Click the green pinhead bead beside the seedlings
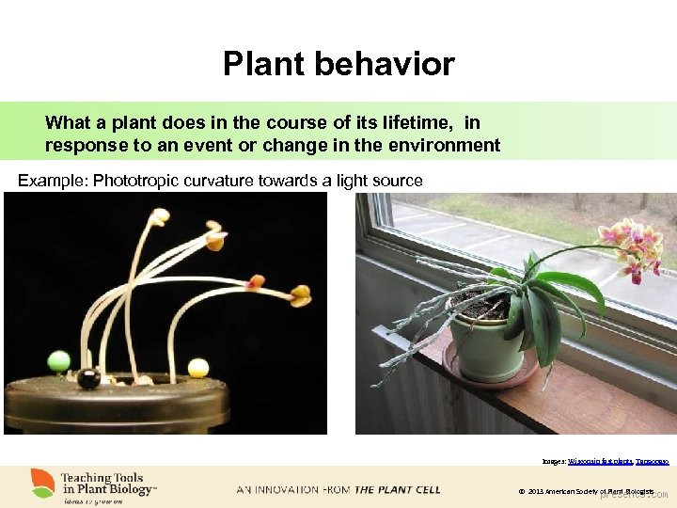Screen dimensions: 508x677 click(x=58, y=359)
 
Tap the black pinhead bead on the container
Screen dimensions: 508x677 click(x=88, y=378)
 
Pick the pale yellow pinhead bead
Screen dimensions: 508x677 click(x=197, y=368)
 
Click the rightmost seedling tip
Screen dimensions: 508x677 click(x=301, y=297)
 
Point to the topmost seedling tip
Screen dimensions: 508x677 click(x=161, y=215)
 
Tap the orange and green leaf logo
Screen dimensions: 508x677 click(x=43, y=483)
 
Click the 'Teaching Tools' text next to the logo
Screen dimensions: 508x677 click(x=102, y=478)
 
